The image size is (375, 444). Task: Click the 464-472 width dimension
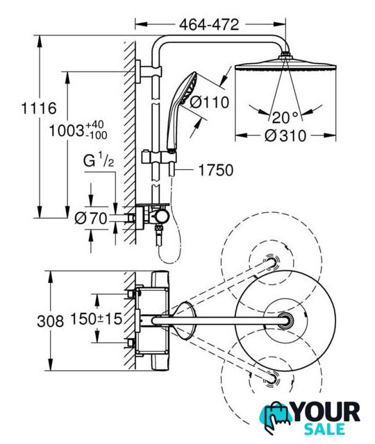[209, 25]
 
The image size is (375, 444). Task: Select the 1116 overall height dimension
[39, 108]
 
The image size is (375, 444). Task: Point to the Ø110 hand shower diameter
[209, 102]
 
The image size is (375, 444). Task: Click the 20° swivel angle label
[285, 117]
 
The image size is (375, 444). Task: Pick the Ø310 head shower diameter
[285, 136]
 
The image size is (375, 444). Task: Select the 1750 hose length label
[216, 170]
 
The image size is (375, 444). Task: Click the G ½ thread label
[99, 160]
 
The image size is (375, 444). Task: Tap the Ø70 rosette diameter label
[91, 219]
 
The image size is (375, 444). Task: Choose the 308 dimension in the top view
[51, 321]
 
